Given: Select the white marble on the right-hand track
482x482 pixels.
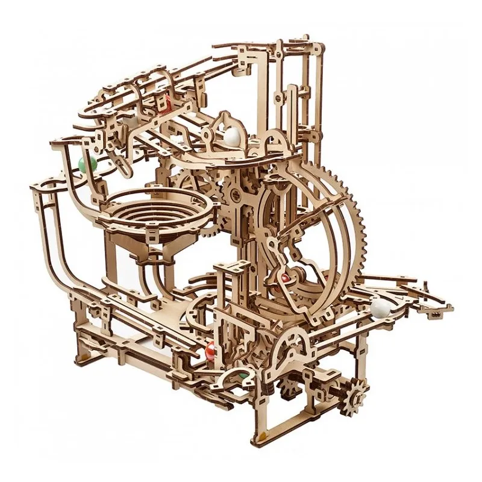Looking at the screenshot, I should pos(380,307).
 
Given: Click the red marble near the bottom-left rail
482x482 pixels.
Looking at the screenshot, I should pos(209,349).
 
